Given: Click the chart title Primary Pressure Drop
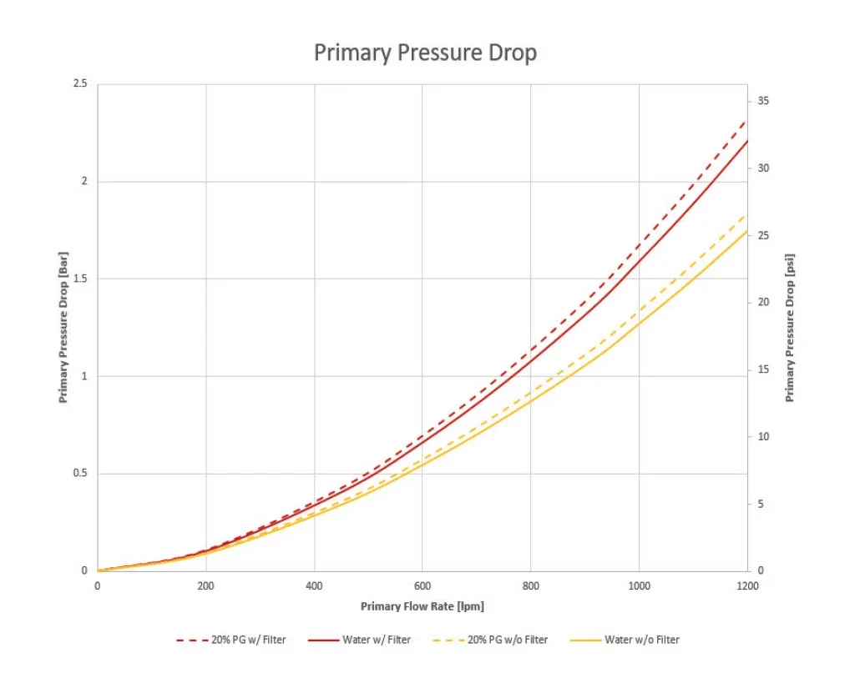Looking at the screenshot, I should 425,53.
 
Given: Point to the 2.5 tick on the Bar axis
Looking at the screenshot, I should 81,84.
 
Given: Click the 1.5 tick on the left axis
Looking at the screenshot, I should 81,279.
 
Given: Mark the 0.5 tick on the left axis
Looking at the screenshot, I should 81,474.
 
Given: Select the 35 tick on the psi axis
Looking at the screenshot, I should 763,101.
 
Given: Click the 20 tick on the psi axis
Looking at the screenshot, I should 763,302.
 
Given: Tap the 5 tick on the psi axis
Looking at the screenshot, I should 761,504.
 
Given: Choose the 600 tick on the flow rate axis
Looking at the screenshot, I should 422,586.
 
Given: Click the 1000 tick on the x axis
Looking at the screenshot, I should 639,586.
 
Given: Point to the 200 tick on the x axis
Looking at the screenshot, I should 205,586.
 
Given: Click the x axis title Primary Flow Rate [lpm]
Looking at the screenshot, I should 422,606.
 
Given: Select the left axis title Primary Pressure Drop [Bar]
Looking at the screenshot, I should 63,328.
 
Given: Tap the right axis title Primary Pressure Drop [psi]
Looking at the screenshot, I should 789,328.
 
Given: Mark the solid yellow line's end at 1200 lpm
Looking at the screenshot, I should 746,231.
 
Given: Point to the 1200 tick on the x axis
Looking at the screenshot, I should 746,586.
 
